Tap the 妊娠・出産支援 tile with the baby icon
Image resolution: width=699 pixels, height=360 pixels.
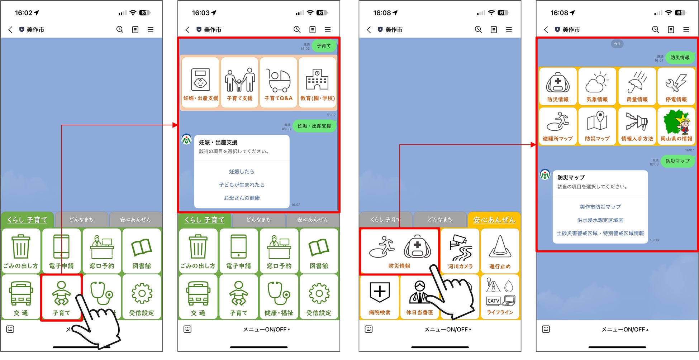(x=200, y=82)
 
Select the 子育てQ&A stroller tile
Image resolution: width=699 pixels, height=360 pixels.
(x=279, y=82)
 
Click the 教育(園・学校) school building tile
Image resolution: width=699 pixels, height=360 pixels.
(x=317, y=82)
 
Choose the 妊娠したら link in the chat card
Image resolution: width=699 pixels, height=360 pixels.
(x=242, y=172)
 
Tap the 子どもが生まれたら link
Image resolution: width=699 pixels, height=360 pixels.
(x=242, y=184)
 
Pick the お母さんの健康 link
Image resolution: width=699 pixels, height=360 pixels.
(x=242, y=198)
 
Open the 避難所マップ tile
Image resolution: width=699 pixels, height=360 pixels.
(x=557, y=126)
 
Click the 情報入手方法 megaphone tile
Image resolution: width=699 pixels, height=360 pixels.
(x=637, y=126)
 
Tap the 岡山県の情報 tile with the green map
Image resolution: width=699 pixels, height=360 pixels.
(x=676, y=126)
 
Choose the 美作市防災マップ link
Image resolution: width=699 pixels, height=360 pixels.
(x=600, y=207)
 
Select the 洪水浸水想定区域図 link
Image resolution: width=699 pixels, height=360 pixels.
(x=600, y=220)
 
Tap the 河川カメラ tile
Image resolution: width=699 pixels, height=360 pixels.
(x=460, y=251)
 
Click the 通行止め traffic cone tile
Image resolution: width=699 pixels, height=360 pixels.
(x=500, y=251)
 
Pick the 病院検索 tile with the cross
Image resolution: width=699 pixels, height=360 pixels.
(x=379, y=297)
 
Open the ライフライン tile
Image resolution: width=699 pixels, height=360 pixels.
(x=500, y=297)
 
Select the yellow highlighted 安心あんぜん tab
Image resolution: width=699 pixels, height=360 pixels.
(x=494, y=220)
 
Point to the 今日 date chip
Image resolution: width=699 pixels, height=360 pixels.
(x=617, y=44)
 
